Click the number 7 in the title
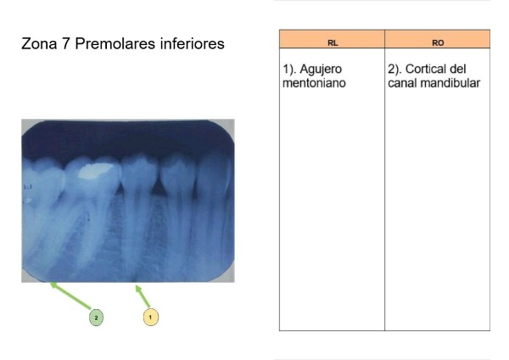pos(66,43)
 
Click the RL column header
pos(333,43)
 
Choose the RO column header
pos(438,43)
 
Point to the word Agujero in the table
pos(321,70)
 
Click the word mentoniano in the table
pos(314,83)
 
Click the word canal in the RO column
pos(404,83)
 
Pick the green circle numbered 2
pos(96,318)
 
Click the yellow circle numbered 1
pos(151,317)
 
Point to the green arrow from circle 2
pos(70,295)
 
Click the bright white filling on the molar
pos(96,171)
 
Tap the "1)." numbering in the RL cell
pos(289,70)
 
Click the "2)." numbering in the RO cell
pos(394,70)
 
